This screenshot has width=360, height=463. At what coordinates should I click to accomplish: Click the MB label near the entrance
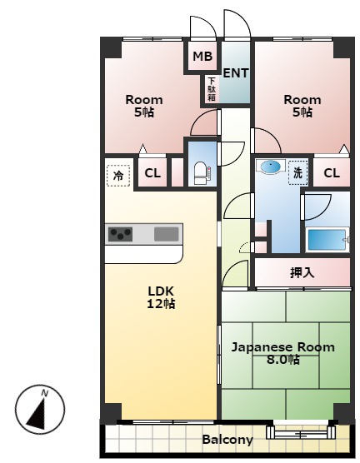click(202, 56)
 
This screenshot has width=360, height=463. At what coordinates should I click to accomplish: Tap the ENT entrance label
click(236, 73)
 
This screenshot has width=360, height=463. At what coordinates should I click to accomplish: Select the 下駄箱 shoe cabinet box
click(212, 89)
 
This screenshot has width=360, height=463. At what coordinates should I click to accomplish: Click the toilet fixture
click(202, 173)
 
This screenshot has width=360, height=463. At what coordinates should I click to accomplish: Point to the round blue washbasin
click(270, 167)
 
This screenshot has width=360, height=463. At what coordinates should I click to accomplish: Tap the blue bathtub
click(327, 240)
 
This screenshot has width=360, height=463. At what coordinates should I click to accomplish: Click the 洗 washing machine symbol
click(298, 172)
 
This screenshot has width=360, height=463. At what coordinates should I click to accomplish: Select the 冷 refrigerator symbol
click(118, 176)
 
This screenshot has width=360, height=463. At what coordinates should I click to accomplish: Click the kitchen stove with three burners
click(120, 234)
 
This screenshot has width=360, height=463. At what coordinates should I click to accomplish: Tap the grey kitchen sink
click(167, 235)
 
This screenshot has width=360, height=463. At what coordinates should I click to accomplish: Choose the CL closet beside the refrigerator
click(152, 173)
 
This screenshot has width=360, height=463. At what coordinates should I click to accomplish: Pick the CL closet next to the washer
click(332, 173)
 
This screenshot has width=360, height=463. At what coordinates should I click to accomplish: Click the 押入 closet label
click(302, 273)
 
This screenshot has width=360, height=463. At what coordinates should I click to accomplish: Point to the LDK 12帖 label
click(161, 297)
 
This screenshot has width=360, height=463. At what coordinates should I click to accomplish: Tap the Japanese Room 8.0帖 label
click(282, 353)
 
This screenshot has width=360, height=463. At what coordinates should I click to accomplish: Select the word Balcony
click(227, 440)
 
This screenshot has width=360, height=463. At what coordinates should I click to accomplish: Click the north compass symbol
click(40, 410)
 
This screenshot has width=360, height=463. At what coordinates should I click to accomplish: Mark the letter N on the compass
click(45, 393)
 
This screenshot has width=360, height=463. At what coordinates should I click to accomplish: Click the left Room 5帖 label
click(144, 106)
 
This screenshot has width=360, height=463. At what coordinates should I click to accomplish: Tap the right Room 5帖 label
click(302, 106)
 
